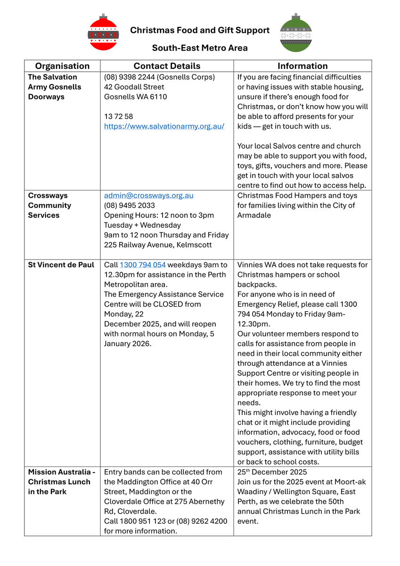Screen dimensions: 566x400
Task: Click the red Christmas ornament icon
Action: [103, 33]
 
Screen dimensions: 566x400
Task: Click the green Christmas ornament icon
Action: [295, 33]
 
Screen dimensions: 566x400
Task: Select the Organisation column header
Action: [62, 66]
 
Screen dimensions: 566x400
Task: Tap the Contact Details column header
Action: [167, 66]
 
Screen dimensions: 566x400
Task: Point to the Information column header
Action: [302, 66]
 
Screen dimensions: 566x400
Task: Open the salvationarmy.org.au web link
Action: [164, 126]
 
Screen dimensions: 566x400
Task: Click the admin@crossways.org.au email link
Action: [148, 196]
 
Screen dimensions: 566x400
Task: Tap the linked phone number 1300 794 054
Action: [143, 265]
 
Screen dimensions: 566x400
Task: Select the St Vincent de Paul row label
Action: [61, 265]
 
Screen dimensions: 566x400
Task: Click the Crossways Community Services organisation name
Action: [49, 206]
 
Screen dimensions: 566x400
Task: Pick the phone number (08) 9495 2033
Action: [129, 206]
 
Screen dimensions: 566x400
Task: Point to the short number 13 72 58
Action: [118, 117]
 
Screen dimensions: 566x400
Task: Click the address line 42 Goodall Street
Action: [134, 87]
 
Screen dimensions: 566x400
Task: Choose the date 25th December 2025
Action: [272, 472]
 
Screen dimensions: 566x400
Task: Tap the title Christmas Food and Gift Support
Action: [200, 31]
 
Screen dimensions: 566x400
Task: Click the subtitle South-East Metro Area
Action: [200, 48]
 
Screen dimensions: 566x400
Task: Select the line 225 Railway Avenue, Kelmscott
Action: [158, 245]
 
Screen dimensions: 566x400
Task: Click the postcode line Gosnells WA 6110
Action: [135, 97]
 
